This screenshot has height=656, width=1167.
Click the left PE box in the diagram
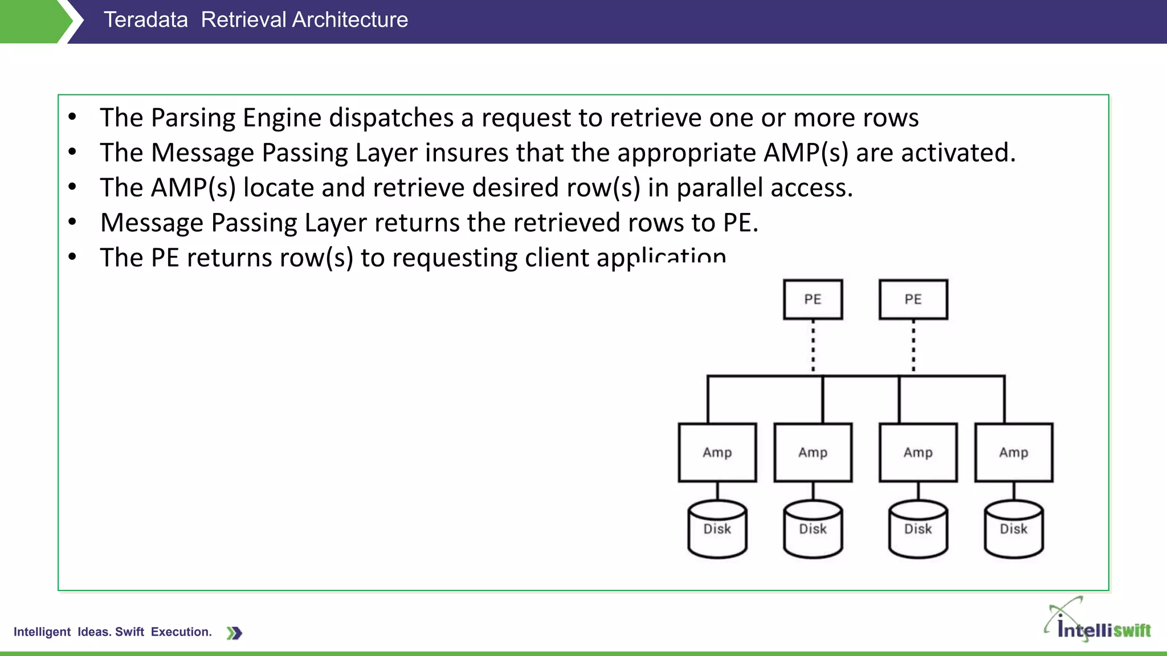(x=813, y=300)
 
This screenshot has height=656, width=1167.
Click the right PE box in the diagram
(x=913, y=300)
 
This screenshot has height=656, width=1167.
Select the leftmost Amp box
(x=717, y=453)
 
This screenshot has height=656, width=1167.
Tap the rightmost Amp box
(x=1014, y=453)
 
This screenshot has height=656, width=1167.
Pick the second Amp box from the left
(x=813, y=453)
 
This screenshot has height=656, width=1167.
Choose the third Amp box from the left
(x=918, y=453)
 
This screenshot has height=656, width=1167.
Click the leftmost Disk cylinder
(x=717, y=529)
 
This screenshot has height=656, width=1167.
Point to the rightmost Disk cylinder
(x=1014, y=529)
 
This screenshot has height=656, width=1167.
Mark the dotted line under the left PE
(x=813, y=346)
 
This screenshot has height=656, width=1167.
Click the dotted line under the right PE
(x=913, y=346)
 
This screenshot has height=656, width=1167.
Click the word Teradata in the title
(x=145, y=20)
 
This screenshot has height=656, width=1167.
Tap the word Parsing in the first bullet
(x=193, y=118)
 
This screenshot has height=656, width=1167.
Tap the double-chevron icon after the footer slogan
(x=234, y=633)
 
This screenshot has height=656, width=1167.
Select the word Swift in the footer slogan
(x=129, y=632)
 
